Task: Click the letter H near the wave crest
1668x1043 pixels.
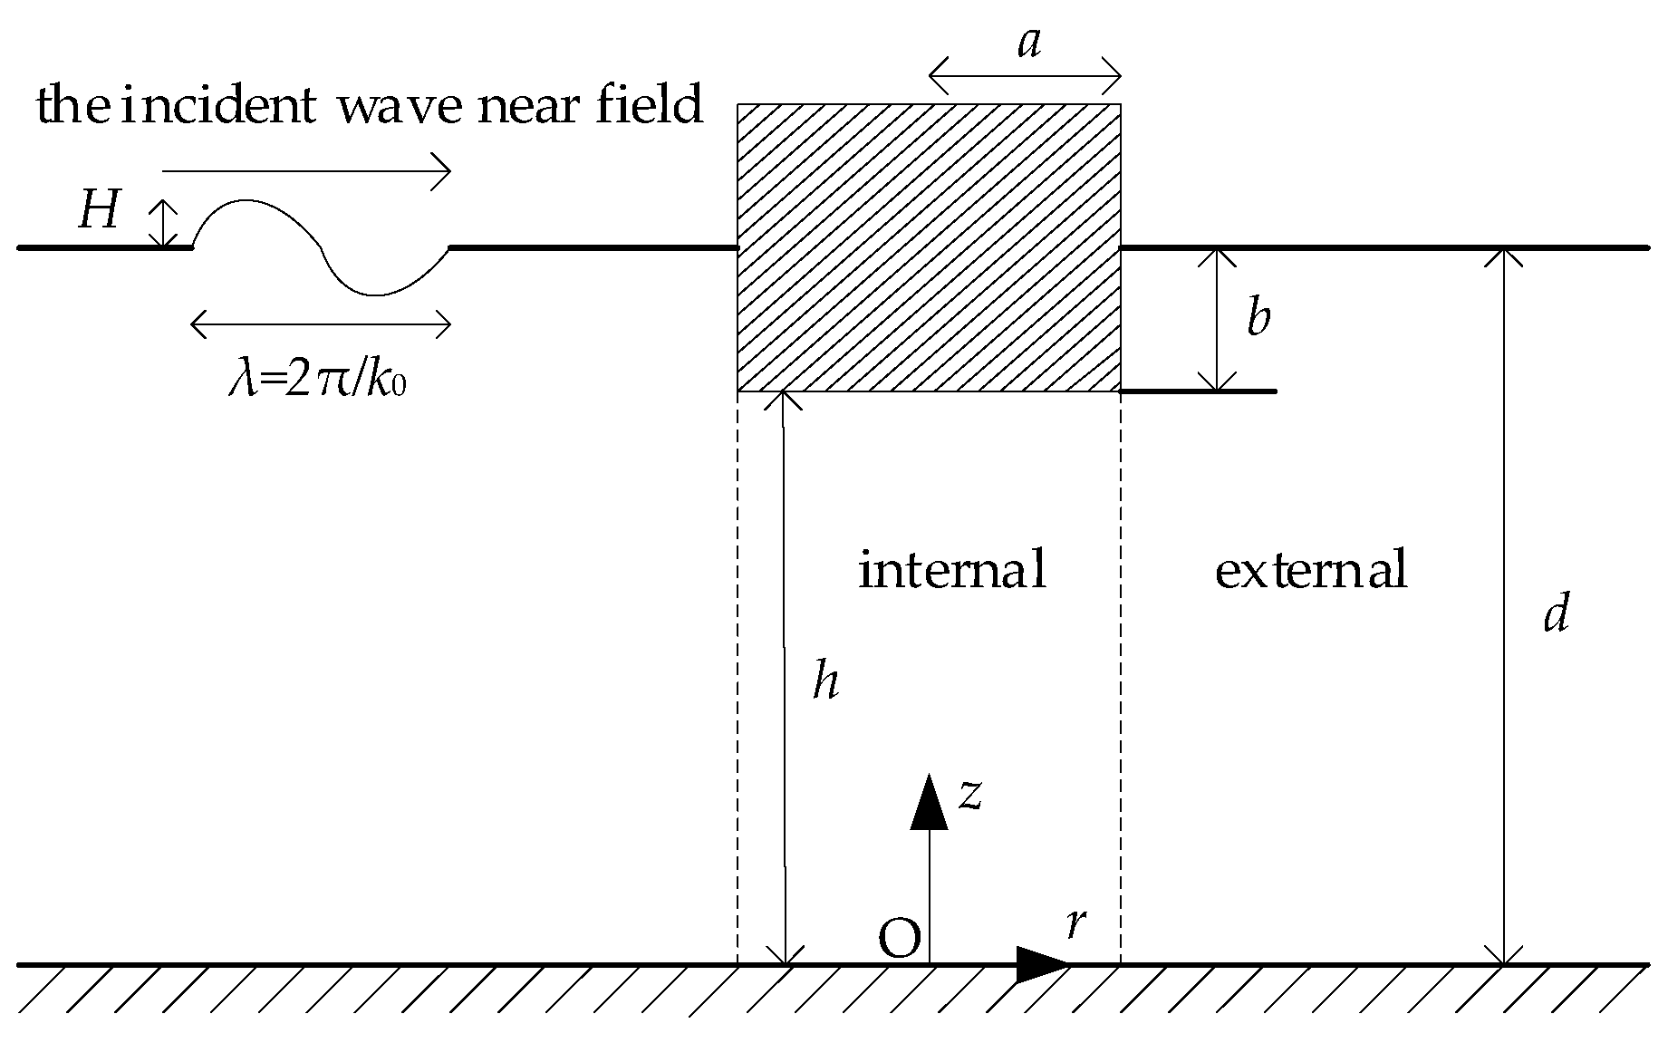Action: [99, 211]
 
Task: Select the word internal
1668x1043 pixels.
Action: [952, 570]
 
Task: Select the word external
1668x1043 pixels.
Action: [1310, 570]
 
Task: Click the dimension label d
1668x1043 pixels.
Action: [1556, 614]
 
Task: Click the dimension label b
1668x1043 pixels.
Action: [1258, 317]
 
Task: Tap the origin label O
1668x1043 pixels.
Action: [900, 940]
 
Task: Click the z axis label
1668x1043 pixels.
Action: [970, 794]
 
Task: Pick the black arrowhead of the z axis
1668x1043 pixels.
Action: [929, 803]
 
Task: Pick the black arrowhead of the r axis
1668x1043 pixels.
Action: [1042, 964]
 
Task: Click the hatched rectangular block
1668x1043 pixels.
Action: [929, 247]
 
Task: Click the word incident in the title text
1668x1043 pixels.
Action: [218, 107]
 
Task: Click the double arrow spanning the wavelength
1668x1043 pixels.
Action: [321, 324]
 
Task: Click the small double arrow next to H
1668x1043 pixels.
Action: [163, 223]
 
